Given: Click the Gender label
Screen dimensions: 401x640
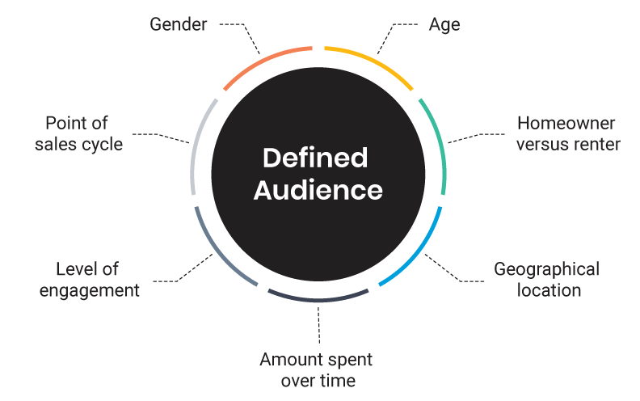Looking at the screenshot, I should pos(179,24).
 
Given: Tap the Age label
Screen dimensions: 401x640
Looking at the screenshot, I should pos(444,24).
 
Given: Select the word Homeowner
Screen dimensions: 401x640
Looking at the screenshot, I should pos(566,124).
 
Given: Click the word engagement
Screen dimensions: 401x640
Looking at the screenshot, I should pos(89,289).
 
